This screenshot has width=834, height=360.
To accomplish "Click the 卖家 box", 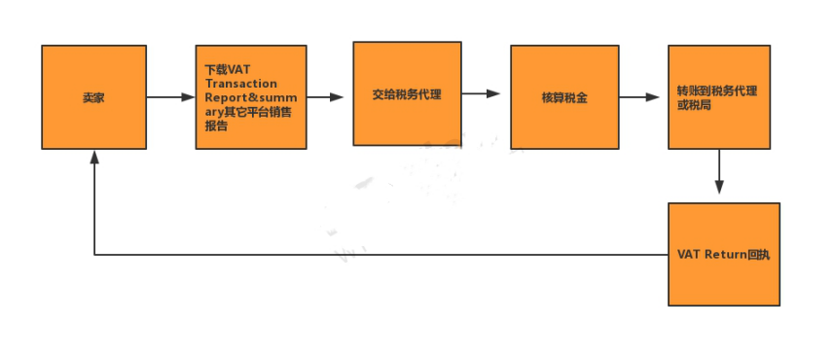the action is tap(93, 96).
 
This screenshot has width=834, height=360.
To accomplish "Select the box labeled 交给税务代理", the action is tap(407, 93).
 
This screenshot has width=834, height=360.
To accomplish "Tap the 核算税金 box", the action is tap(564, 97).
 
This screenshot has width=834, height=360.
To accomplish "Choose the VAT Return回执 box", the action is tap(724, 254).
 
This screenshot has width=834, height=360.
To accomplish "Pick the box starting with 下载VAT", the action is tap(251, 96).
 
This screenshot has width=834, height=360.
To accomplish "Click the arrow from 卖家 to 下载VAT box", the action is tap(171, 97).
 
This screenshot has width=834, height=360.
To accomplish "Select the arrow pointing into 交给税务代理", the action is tap(329, 97).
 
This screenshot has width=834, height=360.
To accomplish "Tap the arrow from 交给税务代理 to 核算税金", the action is tap(481, 93).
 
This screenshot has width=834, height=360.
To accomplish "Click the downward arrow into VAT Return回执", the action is tap(719, 175).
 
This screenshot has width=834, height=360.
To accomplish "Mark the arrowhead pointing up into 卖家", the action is tap(94, 158).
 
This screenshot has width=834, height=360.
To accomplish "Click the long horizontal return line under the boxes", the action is tap(380, 255).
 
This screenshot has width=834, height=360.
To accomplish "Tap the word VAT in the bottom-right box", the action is tap(689, 254).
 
